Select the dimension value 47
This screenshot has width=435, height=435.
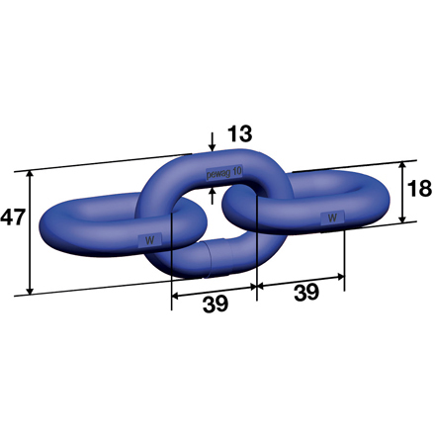pos(13,216)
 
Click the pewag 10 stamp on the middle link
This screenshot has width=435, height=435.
pos(223,172)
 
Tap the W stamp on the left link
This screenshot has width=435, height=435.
pos(150,239)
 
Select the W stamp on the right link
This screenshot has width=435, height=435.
pos(332,217)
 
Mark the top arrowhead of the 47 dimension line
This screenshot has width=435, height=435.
pos(31,174)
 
